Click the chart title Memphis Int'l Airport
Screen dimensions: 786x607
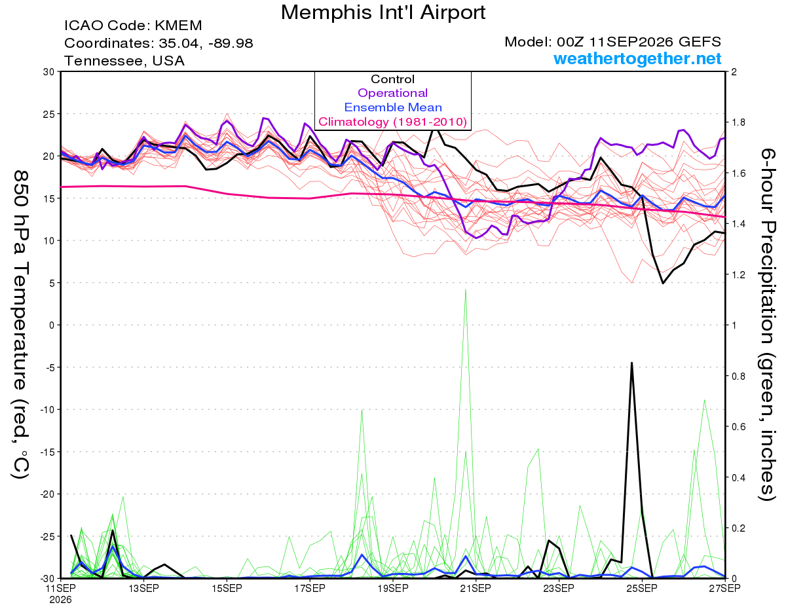click(x=383, y=12)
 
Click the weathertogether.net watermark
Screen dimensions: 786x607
click(x=637, y=58)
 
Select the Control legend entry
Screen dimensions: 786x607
click(x=392, y=79)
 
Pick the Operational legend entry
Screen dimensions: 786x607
click(x=392, y=93)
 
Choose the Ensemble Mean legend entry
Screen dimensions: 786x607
click(x=393, y=107)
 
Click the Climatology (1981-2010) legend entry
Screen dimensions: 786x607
click(x=392, y=122)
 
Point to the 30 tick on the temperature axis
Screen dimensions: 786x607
click(x=49, y=72)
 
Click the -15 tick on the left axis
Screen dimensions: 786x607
click(x=47, y=452)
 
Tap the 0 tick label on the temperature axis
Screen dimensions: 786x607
click(x=52, y=325)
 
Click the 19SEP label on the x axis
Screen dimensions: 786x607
click(x=393, y=589)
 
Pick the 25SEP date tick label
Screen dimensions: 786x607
click(x=642, y=589)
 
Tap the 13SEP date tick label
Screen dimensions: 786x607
click(x=143, y=589)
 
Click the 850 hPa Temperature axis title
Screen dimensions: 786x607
click(x=20, y=325)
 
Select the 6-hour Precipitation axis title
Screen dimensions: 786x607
click(x=768, y=325)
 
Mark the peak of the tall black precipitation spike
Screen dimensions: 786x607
click(x=631, y=363)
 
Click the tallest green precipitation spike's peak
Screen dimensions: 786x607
click(x=466, y=289)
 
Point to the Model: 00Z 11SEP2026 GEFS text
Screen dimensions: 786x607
click(x=612, y=42)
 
